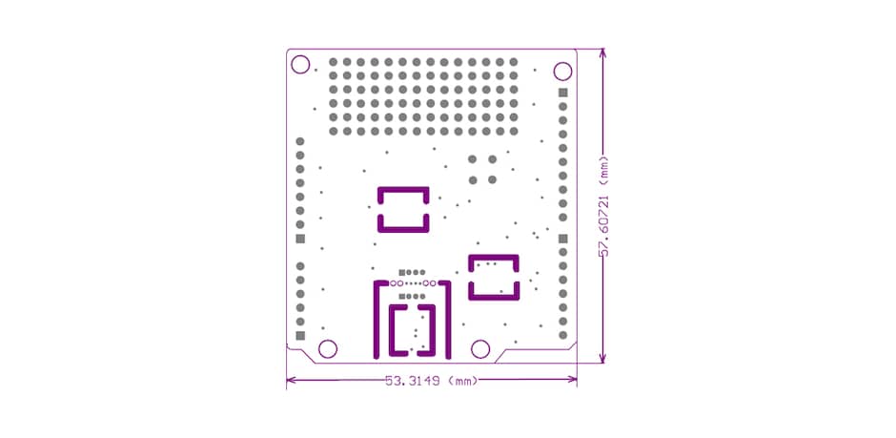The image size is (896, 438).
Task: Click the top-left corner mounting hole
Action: (x=300, y=65)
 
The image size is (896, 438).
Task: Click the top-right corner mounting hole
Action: (x=562, y=71)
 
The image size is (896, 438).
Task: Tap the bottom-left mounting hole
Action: (x=327, y=348)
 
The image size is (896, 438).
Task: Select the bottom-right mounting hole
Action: (x=481, y=348)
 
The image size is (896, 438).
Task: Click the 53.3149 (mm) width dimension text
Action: (x=431, y=381)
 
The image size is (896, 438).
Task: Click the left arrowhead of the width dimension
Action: (x=292, y=381)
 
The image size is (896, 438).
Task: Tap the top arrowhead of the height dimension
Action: (x=601, y=55)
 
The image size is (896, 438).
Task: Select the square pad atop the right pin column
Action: (x=562, y=93)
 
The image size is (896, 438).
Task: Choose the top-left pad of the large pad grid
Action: (x=334, y=63)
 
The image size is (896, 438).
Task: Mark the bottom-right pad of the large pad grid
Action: (x=514, y=132)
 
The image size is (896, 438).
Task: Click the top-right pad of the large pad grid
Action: (x=514, y=63)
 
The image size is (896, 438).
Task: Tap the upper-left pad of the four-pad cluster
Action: (x=472, y=159)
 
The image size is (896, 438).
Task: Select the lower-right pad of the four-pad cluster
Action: (x=492, y=178)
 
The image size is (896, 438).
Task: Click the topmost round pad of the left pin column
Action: (x=300, y=141)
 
